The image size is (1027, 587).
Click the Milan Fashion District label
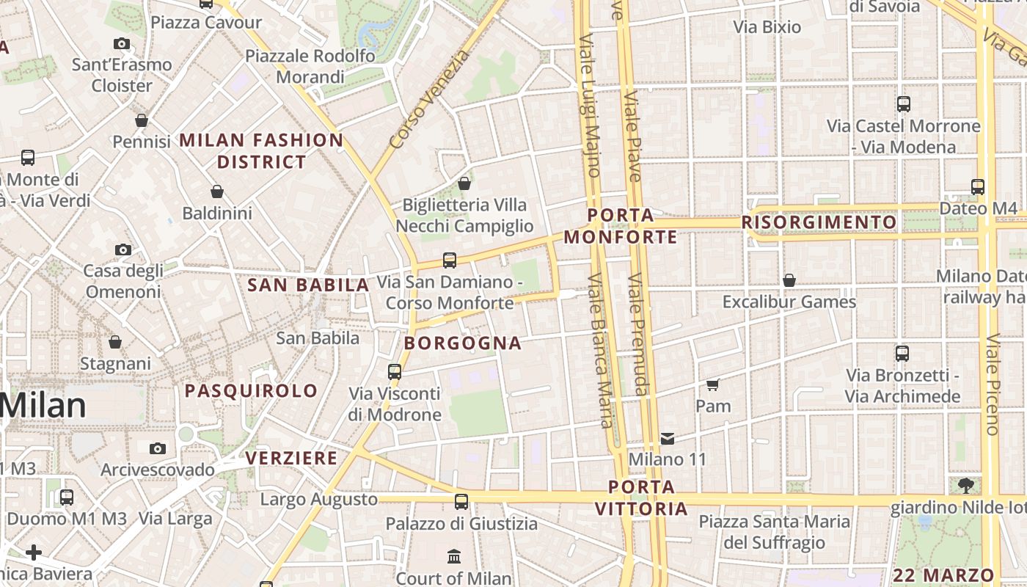click(x=261, y=150)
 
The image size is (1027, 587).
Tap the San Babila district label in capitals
click(x=308, y=285)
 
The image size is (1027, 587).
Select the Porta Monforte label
click(x=621, y=226)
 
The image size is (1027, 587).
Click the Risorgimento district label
click(x=819, y=222)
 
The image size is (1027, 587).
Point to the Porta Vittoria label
click(x=641, y=497)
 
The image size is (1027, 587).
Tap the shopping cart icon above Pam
click(x=712, y=384)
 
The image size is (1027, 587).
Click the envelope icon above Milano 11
click(x=668, y=438)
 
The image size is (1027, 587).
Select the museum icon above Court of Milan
click(x=453, y=555)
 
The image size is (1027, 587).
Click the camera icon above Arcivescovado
click(x=157, y=448)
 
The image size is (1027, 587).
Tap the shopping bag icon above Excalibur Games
click(x=789, y=280)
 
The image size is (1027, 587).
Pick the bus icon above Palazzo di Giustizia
click(x=461, y=502)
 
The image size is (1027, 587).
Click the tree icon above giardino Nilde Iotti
click(x=965, y=485)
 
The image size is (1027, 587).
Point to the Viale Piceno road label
click(x=993, y=384)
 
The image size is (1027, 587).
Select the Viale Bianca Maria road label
click(x=600, y=350)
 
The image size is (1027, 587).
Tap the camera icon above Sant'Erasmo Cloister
click(x=122, y=43)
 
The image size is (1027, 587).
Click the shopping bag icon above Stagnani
click(x=115, y=342)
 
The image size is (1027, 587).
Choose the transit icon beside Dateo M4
click(x=977, y=187)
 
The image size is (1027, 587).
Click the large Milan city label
click(x=44, y=406)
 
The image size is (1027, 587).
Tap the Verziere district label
click(x=291, y=459)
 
